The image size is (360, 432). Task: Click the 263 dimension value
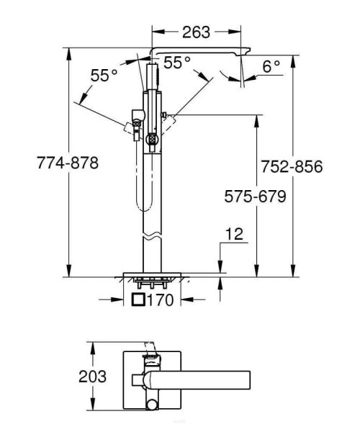point(196,32)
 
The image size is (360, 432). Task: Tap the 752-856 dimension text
point(292,166)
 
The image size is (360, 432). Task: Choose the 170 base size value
point(161,300)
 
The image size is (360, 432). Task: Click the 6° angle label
point(271,67)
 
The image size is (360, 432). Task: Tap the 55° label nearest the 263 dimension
point(177,63)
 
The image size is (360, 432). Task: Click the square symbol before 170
point(139,300)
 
